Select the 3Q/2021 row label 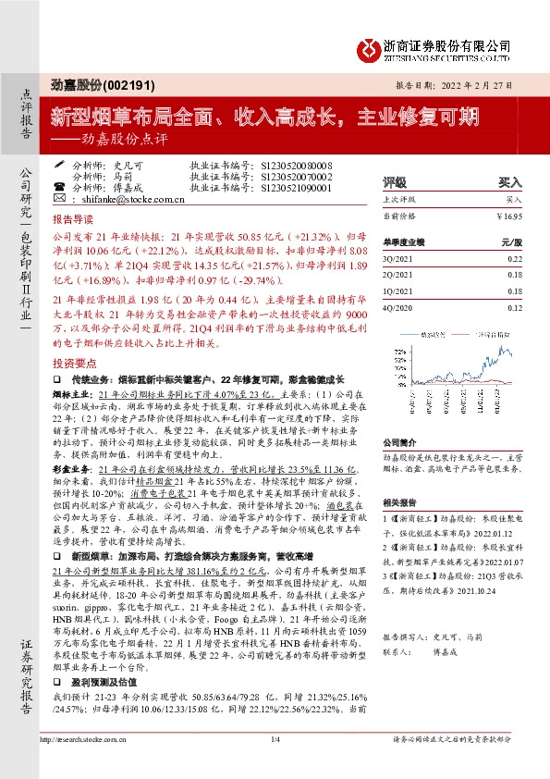[x=395, y=259]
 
